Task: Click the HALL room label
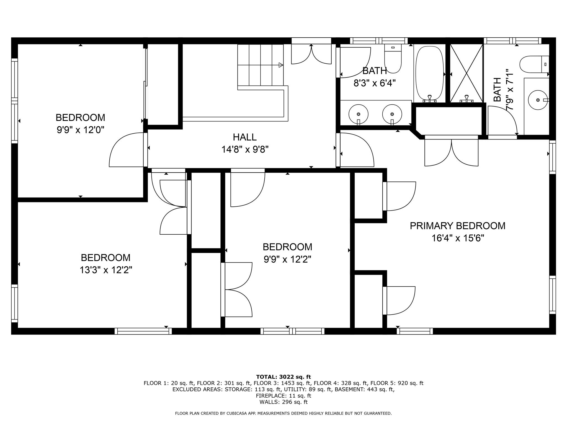(245, 137)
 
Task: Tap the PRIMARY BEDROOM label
(458, 226)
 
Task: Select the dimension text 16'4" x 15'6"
(458, 238)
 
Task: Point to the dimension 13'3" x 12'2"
(106, 270)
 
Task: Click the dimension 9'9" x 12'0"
(80, 129)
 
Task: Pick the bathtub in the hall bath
(430, 73)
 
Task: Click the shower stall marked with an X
(467, 73)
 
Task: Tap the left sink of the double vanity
(359, 114)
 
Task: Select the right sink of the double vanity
(392, 114)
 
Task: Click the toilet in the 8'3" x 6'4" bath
(393, 59)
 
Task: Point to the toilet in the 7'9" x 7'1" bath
(534, 64)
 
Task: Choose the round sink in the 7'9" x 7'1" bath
(538, 100)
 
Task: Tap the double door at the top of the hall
(311, 54)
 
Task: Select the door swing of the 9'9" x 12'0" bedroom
(126, 150)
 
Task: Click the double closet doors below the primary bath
(452, 152)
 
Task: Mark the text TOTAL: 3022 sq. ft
(283, 377)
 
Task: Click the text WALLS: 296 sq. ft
(283, 402)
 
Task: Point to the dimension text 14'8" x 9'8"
(245, 149)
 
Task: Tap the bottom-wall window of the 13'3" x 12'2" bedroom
(143, 331)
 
